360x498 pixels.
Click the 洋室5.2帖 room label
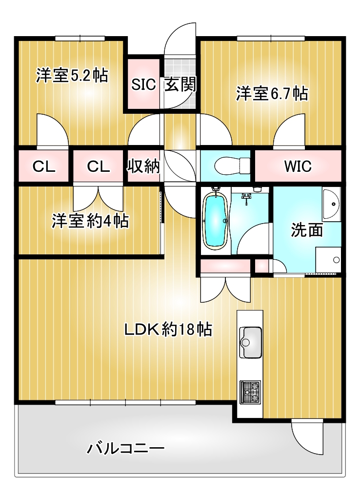pos(72,76)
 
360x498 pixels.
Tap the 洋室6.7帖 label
pos(272,93)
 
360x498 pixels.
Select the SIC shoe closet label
pos(143,84)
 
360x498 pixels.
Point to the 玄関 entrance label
pos(180,84)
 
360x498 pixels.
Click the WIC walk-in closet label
pos(298,166)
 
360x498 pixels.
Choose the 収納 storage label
pos(143,166)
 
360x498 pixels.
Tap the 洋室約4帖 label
pos(90,221)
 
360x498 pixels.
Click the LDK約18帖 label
pos(168,330)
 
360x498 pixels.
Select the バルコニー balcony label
pos(126,449)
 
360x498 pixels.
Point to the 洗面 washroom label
pos(307,230)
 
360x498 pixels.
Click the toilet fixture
pos(232,166)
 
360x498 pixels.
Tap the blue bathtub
pos(216,221)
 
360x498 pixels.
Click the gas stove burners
pos(250,392)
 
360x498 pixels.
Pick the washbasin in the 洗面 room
pos(331,204)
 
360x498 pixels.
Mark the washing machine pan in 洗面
pos(328,259)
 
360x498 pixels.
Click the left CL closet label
pos(44,166)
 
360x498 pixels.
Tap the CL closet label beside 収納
pos(99,166)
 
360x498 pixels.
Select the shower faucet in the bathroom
pos(246,199)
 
